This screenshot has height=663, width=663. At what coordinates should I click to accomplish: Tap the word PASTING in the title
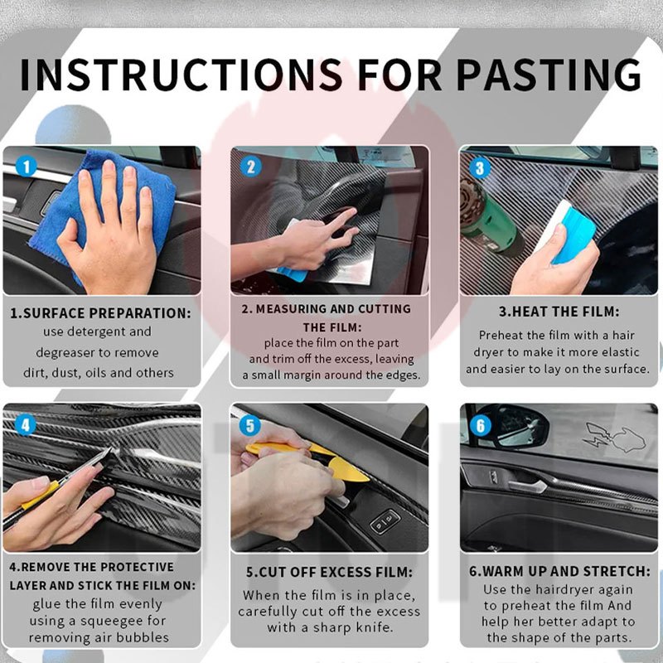pos(549,75)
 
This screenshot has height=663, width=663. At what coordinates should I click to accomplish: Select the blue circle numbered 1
pos(27,167)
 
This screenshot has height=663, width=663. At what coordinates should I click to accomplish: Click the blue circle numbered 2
pos(251,167)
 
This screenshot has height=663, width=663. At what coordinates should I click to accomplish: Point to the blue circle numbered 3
pos(480,168)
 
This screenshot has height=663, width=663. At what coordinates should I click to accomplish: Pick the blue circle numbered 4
pos(26,424)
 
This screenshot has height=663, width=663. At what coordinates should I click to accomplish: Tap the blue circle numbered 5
pos(250,425)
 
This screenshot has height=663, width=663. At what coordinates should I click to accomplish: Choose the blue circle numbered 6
pos(481,425)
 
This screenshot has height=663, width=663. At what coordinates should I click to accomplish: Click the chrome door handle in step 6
pos(528,486)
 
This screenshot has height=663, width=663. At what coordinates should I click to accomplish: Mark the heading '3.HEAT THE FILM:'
pos(559,312)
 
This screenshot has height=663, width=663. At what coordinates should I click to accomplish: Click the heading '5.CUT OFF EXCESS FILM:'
pos(329,572)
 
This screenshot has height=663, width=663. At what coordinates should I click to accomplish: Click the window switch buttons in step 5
pos(385,521)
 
